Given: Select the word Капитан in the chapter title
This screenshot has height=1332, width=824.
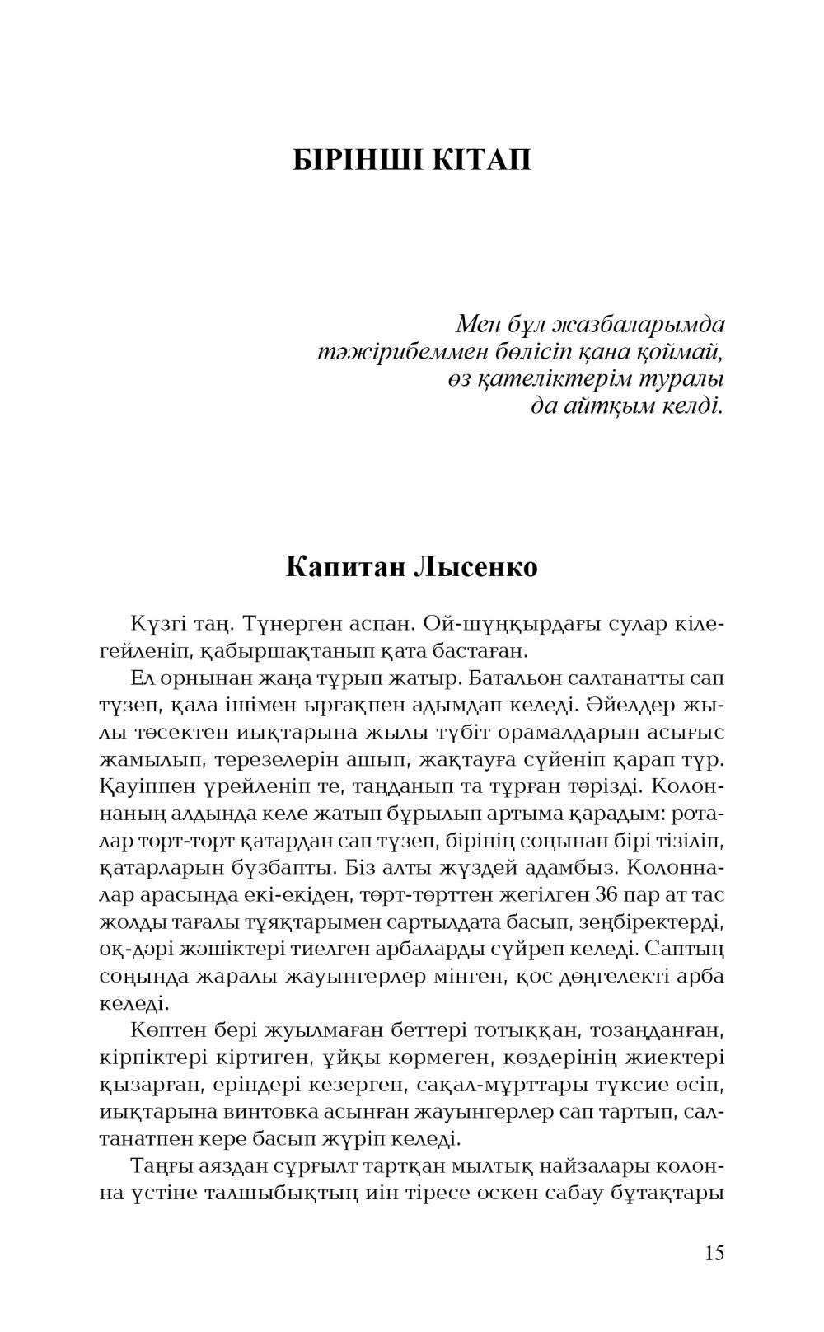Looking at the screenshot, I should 345,567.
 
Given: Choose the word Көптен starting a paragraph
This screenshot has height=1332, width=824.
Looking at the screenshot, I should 165,1030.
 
